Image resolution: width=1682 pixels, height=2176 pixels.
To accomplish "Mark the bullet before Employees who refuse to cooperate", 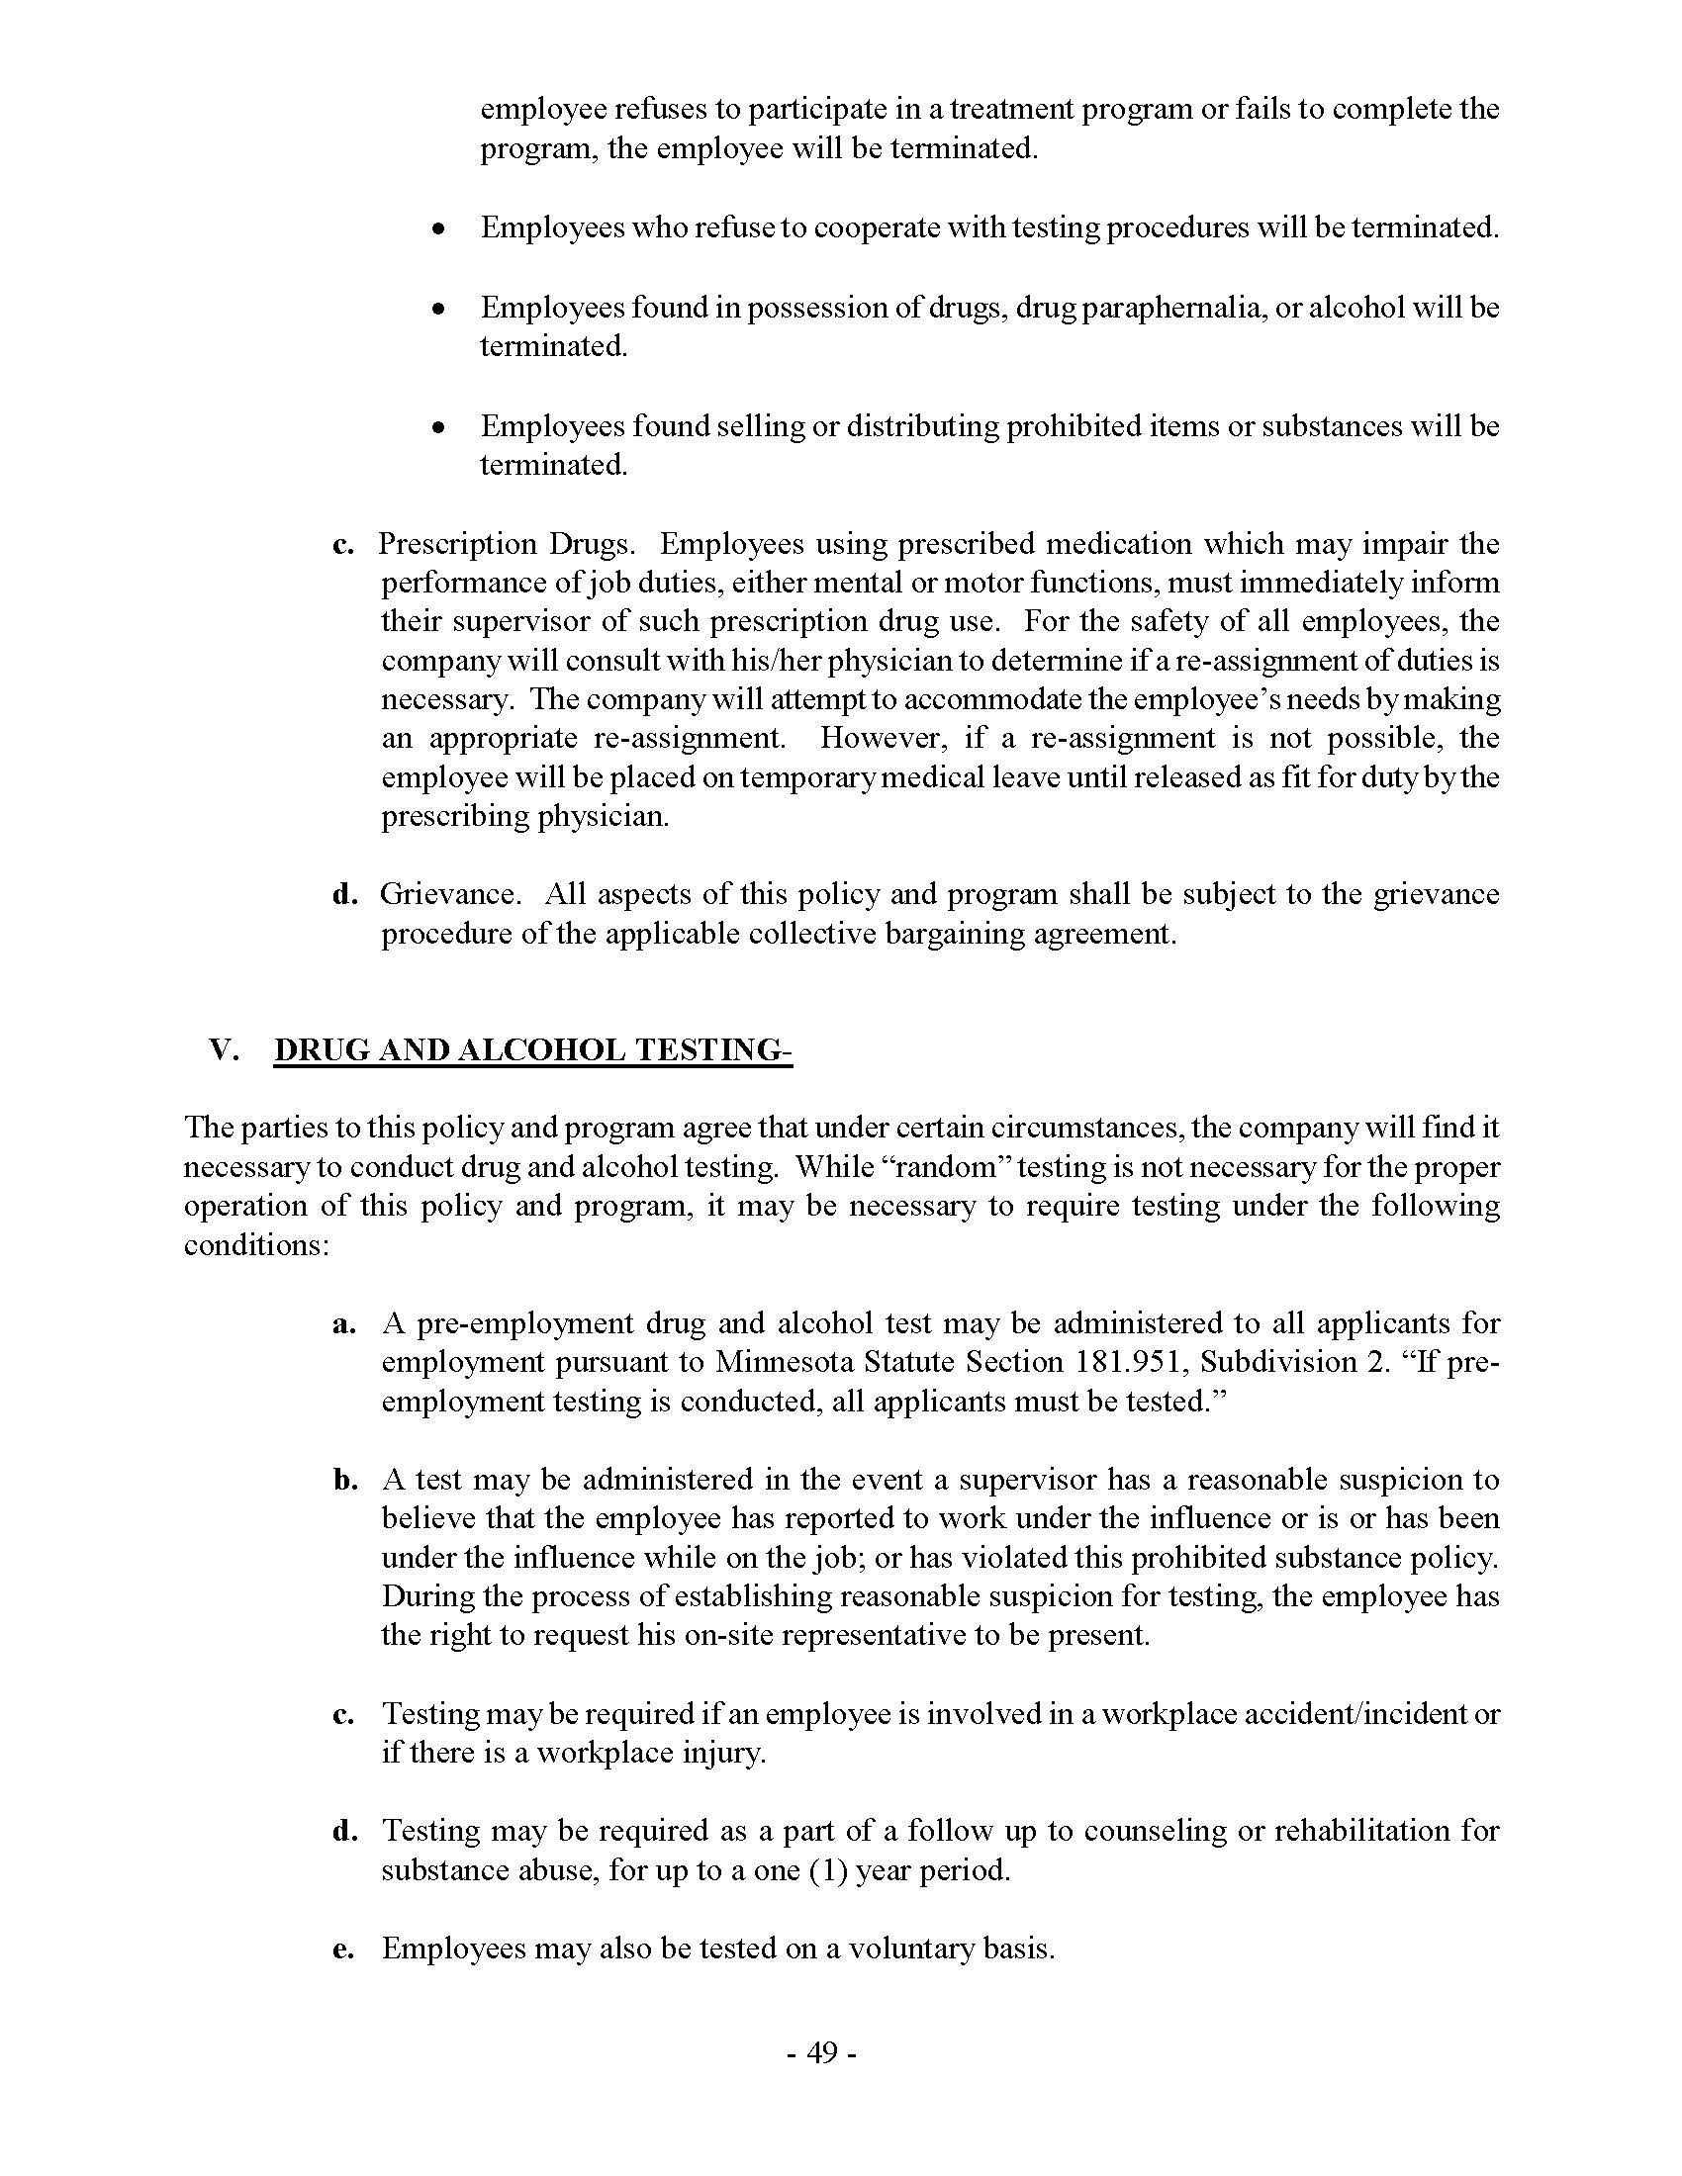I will tap(437, 229).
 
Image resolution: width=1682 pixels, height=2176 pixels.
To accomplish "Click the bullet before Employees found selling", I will tap(437, 427).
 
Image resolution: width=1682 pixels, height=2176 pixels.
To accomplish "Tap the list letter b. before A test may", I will tap(344, 1481).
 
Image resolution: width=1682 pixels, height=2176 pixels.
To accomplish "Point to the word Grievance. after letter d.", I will tap(449, 894).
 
